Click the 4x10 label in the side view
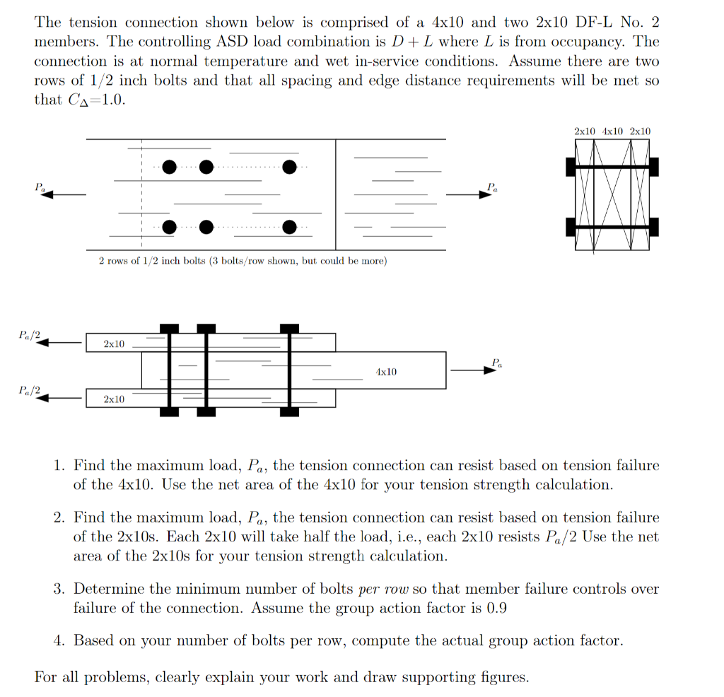[x=386, y=371]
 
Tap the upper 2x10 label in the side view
[x=114, y=344]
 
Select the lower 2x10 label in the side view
[x=114, y=399]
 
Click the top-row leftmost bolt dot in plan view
[x=169, y=168]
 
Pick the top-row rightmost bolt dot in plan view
[x=289, y=168]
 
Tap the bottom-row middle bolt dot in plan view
[x=206, y=227]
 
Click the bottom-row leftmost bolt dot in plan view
[x=169, y=227]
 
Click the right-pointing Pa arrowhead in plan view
[x=485, y=194]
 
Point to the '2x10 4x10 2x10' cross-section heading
[x=612, y=131]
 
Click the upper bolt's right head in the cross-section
[x=653, y=167]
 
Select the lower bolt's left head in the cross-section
[x=571, y=227]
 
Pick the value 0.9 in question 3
[x=497, y=608]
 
